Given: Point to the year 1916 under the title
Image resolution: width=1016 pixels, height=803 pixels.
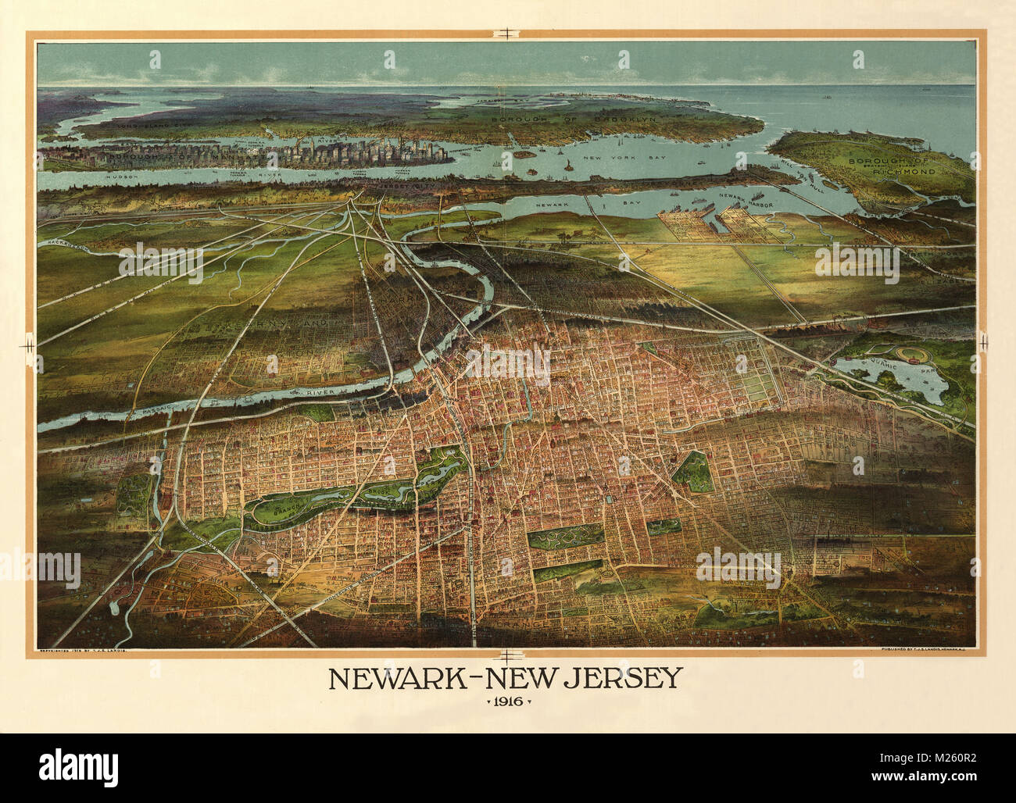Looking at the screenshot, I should coord(508,701).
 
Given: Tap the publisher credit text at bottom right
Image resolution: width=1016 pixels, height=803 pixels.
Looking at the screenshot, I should coord(927,650).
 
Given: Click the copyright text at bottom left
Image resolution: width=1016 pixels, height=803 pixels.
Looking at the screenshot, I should coord(86,650).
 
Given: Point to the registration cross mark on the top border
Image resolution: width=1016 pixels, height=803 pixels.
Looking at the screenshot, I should coord(507,32).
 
